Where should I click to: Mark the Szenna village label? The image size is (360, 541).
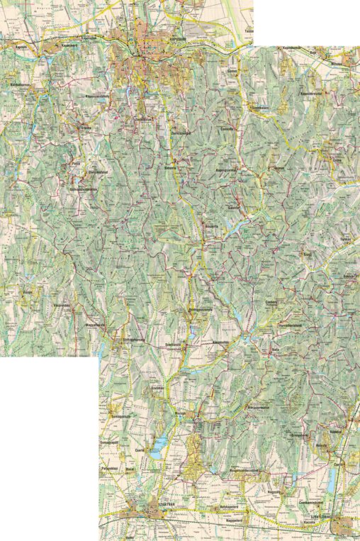[x=85, y=128]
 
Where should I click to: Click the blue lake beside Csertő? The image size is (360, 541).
[x=159, y=445]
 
